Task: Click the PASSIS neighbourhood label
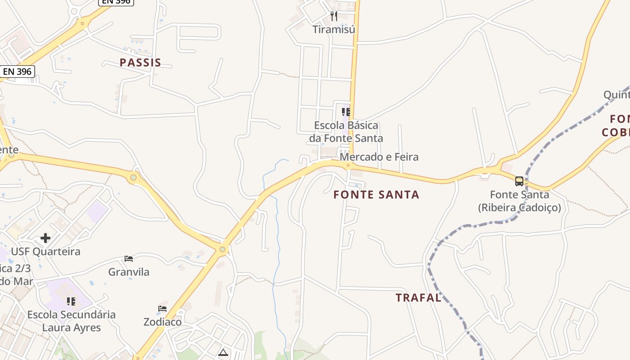140,63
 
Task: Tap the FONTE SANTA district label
376,195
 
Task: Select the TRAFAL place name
418,297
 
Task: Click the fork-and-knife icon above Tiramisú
334,16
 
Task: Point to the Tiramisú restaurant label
334,30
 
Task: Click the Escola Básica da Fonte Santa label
346,132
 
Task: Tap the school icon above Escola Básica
346,112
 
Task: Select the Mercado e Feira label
379,157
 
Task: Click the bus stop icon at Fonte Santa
519,181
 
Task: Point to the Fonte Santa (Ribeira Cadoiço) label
519,201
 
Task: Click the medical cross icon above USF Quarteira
45,238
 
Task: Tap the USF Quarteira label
45,252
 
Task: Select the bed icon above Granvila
129,259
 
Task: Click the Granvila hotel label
129,272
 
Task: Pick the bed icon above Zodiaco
162,309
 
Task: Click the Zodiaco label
162,322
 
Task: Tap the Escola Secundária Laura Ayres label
72,321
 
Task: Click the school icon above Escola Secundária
71,301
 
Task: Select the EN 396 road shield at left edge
17,72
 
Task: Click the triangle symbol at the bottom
223,352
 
